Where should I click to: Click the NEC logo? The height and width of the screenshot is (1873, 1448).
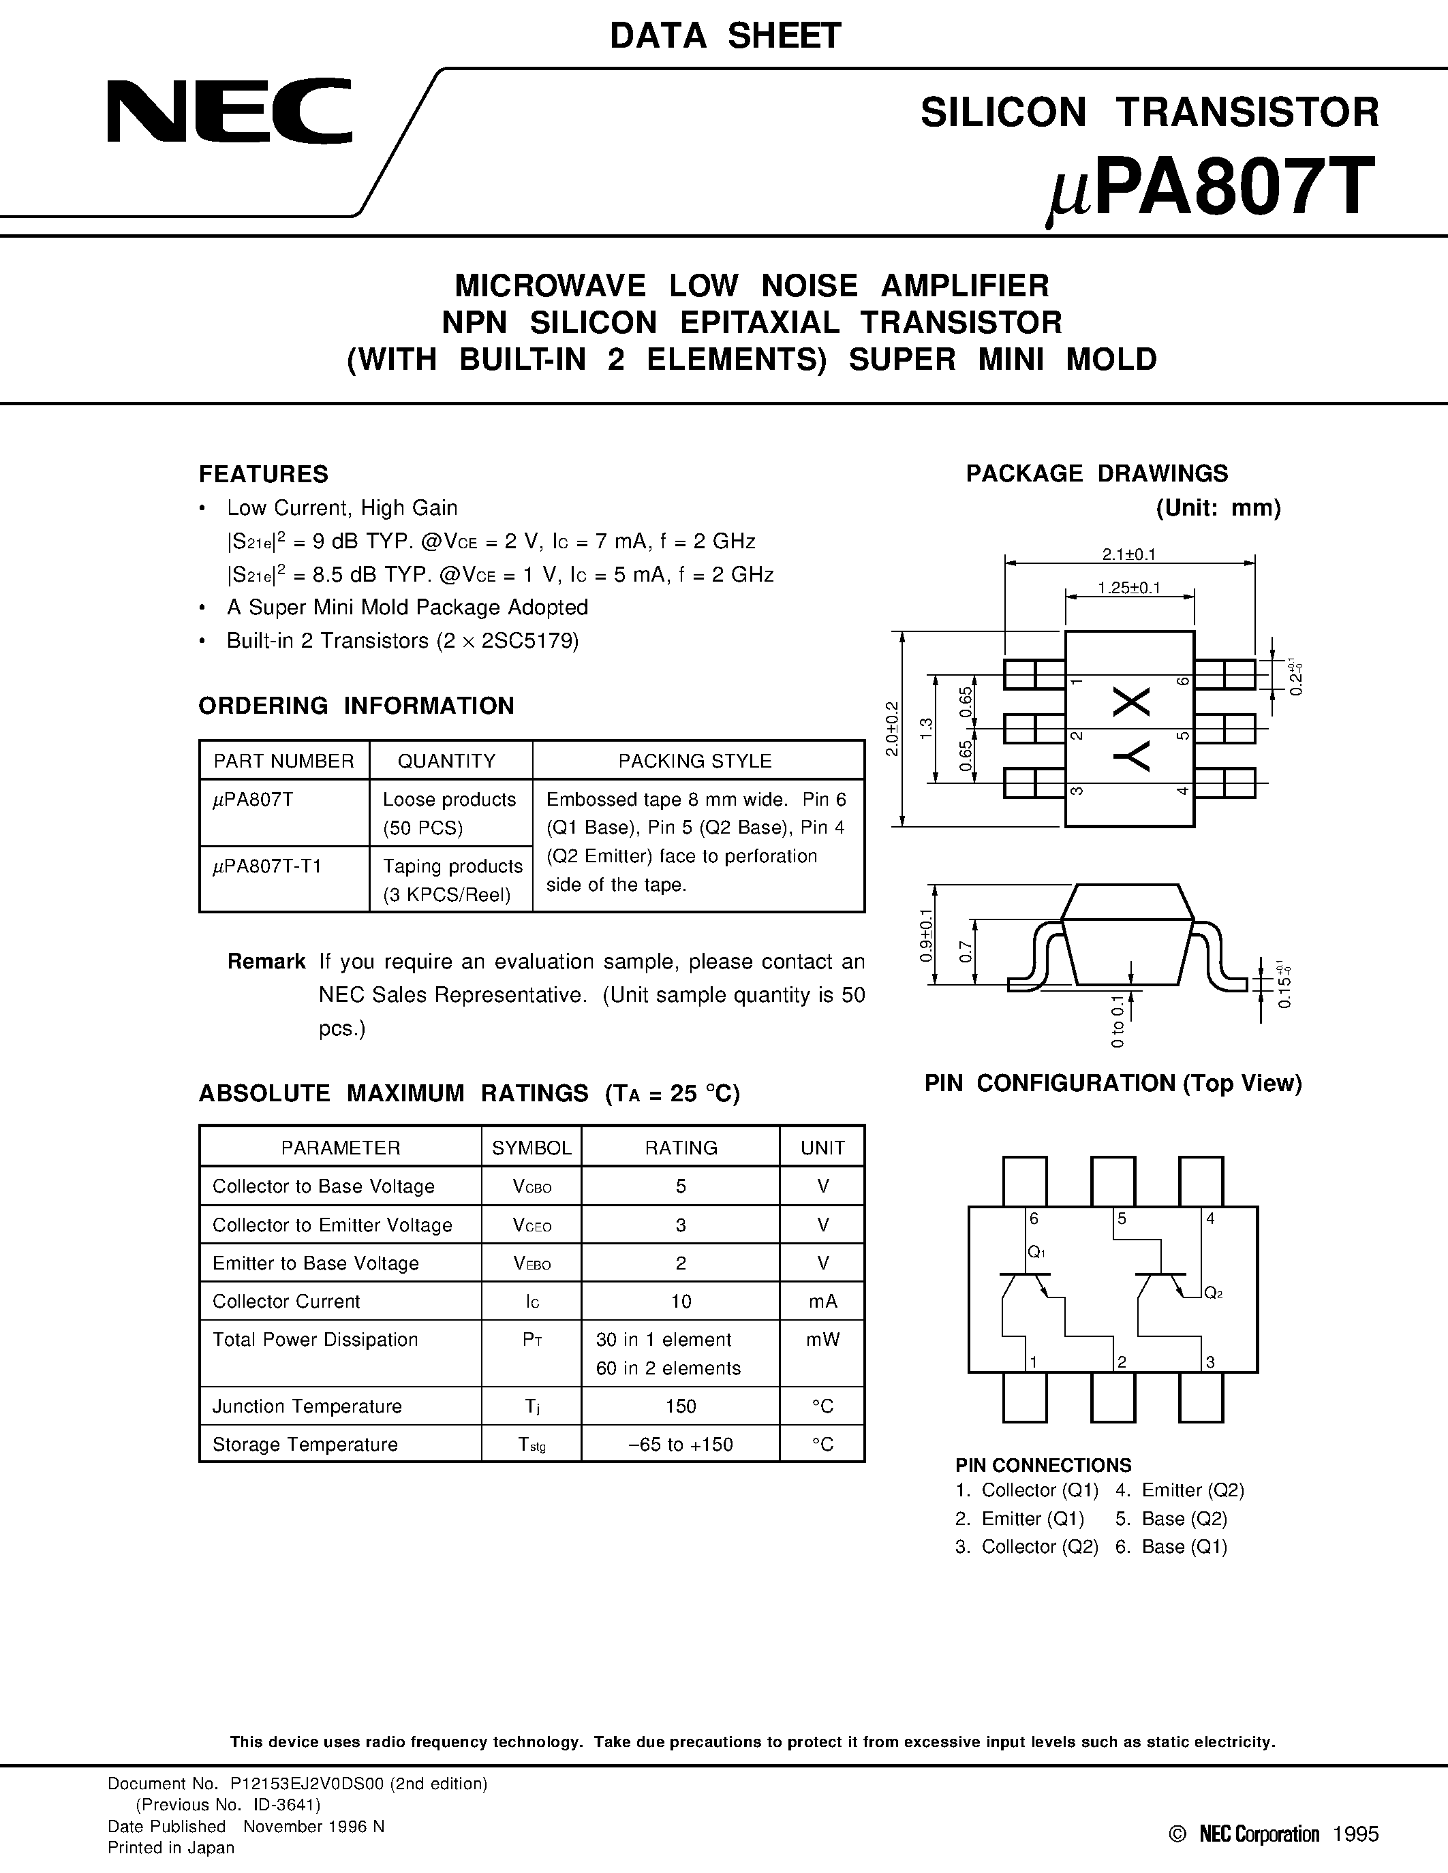coord(229,112)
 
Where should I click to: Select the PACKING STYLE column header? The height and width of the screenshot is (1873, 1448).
coord(695,761)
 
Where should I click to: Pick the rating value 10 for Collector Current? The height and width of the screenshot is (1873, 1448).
coord(680,1301)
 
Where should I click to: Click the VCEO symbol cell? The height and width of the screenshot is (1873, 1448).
coord(532,1225)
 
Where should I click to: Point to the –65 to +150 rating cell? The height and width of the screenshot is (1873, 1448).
coord(680,1444)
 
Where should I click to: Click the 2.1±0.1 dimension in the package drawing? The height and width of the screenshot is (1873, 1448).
coord(1129,555)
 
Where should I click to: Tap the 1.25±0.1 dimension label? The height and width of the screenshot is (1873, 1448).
coord(1129,588)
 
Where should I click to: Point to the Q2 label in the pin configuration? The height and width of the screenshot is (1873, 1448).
coord(1213,1293)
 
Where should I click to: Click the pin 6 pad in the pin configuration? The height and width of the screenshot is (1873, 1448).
coord(1025,1181)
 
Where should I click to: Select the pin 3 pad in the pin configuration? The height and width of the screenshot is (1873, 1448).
coord(1201,1397)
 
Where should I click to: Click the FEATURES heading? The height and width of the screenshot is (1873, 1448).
coord(263,474)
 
